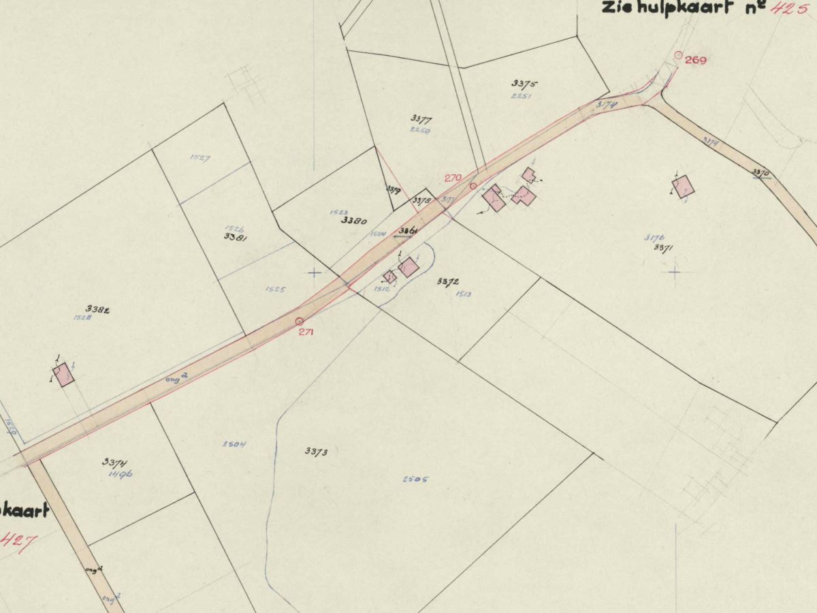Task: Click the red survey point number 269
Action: click(x=696, y=60)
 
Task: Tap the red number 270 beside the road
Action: click(x=453, y=178)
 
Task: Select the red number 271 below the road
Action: click(x=305, y=332)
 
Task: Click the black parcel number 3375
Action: click(x=524, y=84)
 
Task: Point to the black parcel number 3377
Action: click(x=421, y=119)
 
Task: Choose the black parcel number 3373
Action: click(x=317, y=451)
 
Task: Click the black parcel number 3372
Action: click(x=448, y=281)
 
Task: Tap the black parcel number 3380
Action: click(x=354, y=221)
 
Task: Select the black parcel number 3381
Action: click(x=235, y=236)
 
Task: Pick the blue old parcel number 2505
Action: click(x=415, y=479)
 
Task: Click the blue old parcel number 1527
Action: click(x=200, y=157)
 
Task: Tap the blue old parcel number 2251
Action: click(x=521, y=96)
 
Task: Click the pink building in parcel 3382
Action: click(x=64, y=375)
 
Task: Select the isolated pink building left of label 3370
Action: click(x=683, y=187)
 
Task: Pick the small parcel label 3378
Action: click(x=422, y=200)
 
